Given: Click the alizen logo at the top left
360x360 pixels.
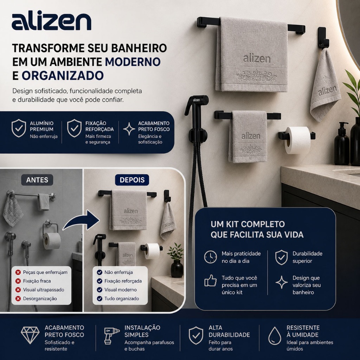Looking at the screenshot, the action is pyautogui.click(x=51, y=21).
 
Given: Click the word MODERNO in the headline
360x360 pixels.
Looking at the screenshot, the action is pyautogui.click(x=133, y=62).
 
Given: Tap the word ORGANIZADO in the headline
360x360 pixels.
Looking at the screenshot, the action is pyautogui.click(x=63, y=76).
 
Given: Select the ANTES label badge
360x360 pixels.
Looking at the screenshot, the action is pyautogui.click(x=37, y=180).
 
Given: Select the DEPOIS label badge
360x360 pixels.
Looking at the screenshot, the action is pyautogui.click(x=132, y=180).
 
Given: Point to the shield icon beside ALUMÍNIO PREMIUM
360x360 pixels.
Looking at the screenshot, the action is pyautogui.click(x=19, y=128).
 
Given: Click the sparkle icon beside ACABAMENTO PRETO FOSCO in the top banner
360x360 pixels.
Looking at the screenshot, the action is pyautogui.click(x=129, y=129).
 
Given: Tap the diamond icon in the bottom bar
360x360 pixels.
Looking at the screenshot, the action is pyautogui.click(x=30, y=335).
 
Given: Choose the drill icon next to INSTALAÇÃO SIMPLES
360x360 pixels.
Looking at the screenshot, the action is pyautogui.click(x=111, y=335).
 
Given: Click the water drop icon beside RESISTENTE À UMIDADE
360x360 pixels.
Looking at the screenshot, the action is pyautogui.click(x=275, y=336).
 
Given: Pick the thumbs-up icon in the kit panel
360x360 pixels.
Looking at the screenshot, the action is pyautogui.click(x=211, y=281).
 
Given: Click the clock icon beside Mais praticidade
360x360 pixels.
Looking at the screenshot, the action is pyautogui.click(x=211, y=257).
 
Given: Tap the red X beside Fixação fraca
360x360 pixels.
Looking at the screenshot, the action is pyautogui.click(x=18, y=281).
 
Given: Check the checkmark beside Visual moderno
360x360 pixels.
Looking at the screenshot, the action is pyautogui.click(x=99, y=290).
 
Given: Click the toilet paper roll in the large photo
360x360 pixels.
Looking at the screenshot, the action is pyautogui.click(x=297, y=140).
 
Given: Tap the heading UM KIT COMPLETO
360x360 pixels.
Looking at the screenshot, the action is pyautogui.click(x=248, y=224).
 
